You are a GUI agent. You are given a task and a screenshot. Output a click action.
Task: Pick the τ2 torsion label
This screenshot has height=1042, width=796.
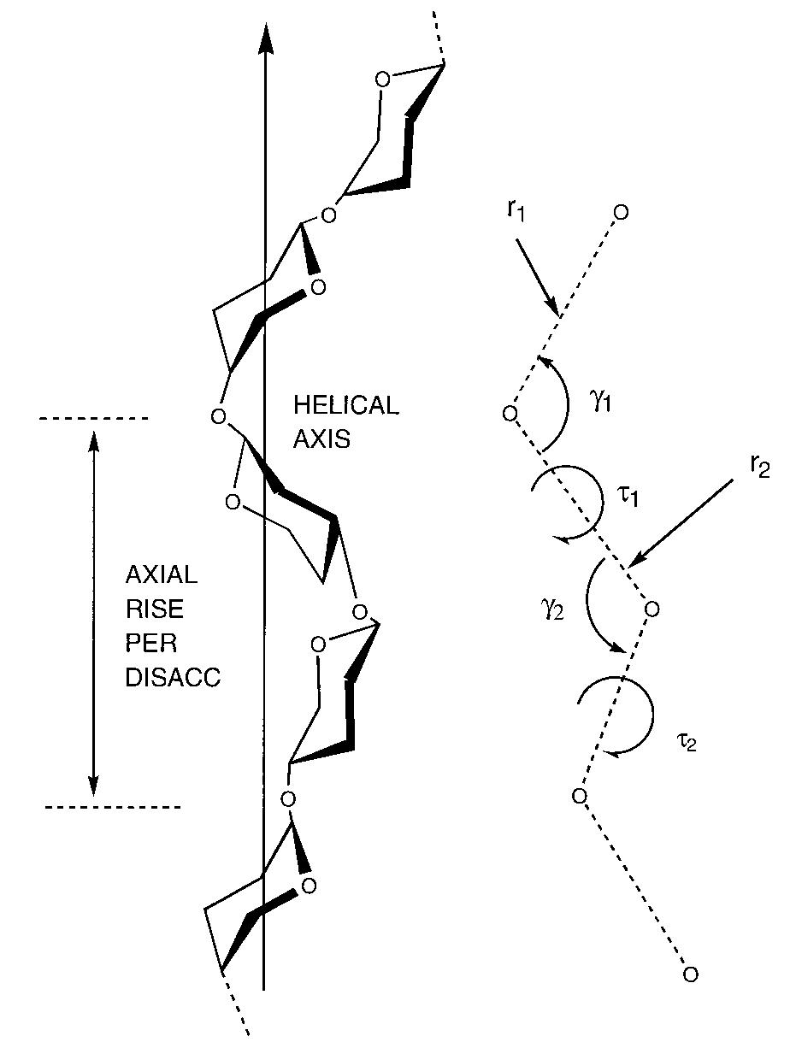coord(687,742)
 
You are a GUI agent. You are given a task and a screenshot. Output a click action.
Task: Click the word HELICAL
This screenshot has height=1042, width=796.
coord(345,405)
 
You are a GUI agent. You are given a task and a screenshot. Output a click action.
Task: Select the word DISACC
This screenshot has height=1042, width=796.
coord(173,678)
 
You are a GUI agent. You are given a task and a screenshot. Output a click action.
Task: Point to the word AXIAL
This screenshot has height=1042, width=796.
coord(161,574)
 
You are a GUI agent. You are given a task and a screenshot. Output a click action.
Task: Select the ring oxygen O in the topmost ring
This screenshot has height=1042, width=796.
coord(382,79)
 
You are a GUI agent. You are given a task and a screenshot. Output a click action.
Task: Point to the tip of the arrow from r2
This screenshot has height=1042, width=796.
coord(628,566)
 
